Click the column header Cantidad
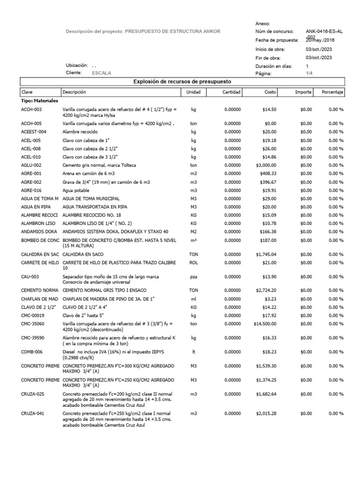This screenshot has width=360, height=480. (231, 92)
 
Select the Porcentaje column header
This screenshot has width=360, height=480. (333, 92)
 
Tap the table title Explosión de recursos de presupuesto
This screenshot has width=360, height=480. (182, 82)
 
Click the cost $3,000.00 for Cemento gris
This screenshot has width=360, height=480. (266, 165)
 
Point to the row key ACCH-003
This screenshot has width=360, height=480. (31, 109)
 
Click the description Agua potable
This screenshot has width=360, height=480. (76, 191)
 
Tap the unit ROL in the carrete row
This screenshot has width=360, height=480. (193, 263)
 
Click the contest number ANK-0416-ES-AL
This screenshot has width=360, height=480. (324, 31)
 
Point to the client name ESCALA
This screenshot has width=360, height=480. (102, 73)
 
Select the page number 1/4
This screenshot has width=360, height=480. (310, 74)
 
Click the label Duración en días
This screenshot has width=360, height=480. (274, 67)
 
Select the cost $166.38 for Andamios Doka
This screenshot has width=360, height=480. (267, 232)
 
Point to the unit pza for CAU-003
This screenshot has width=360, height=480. (193, 277)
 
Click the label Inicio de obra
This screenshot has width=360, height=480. (270, 49)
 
